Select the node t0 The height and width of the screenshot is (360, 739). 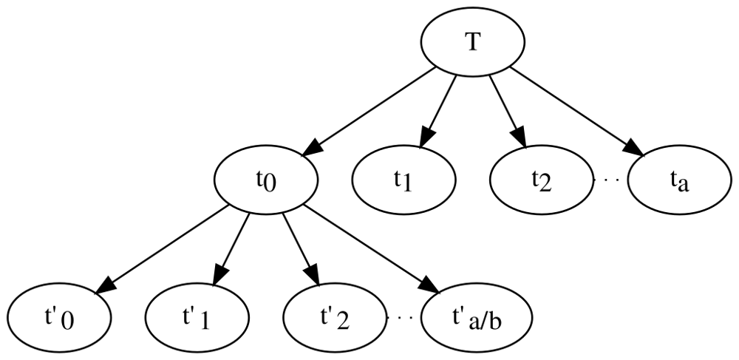[x=266, y=180]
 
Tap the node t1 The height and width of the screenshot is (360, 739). [x=404, y=180]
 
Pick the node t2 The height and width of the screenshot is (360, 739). [x=542, y=180]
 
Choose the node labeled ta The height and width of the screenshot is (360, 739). [x=679, y=180]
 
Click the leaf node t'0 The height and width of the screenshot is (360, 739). [x=59, y=318]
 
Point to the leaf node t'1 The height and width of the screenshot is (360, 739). [x=197, y=318]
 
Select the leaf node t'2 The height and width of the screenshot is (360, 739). [x=335, y=318]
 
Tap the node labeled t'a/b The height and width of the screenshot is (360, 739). [x=477, y=318]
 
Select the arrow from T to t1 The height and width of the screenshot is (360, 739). [x=437, y=112]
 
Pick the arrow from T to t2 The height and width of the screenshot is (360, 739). [x=507, y=112]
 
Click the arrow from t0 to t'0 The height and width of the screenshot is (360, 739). [x=162, y=250]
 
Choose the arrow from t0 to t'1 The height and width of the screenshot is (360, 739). [x=231, y=249]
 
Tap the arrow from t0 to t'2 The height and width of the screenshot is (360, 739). [x=301, y=249]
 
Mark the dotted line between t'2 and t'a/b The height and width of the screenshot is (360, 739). [x=404, y=318]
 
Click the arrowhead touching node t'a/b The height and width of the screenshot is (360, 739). [x=430, y=286]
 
